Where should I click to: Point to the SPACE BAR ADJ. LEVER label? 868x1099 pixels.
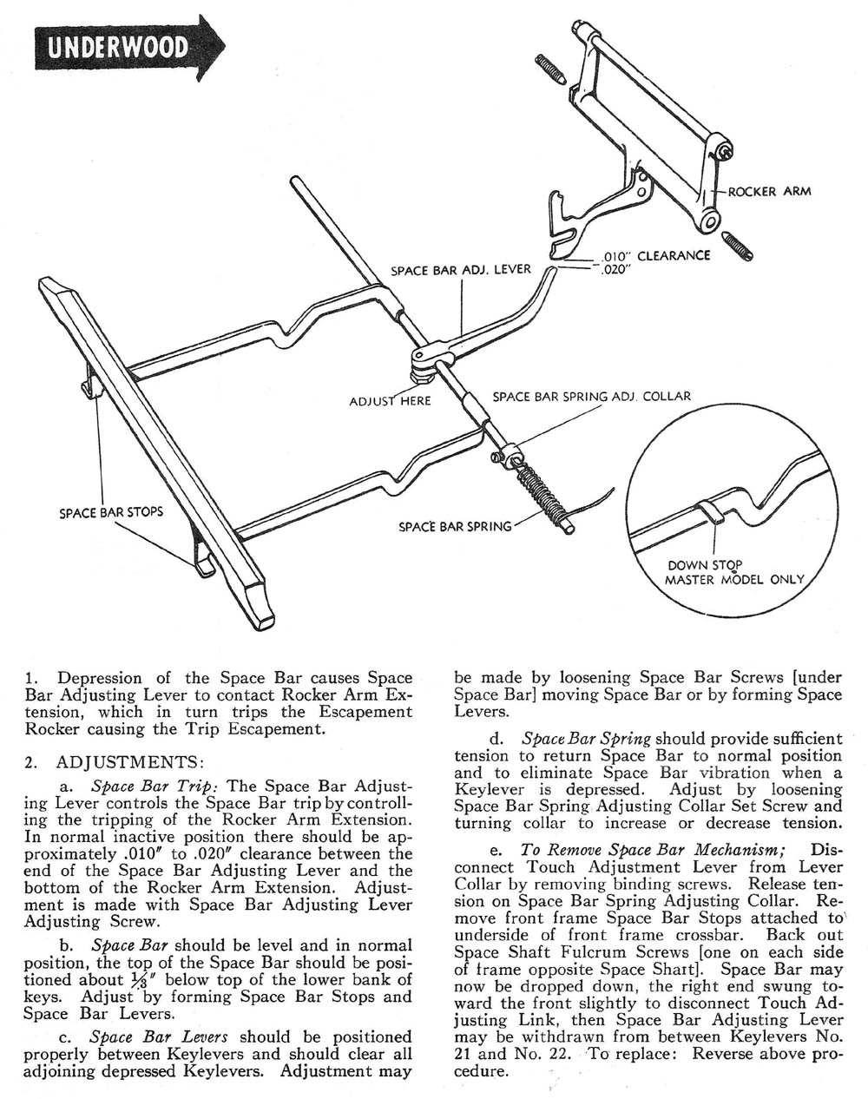pos(461,270)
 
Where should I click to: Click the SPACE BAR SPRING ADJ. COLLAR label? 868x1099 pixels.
pos(592,397)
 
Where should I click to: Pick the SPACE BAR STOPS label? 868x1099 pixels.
pos(111,512)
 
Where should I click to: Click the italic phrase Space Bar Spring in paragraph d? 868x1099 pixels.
pos(586,740)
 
